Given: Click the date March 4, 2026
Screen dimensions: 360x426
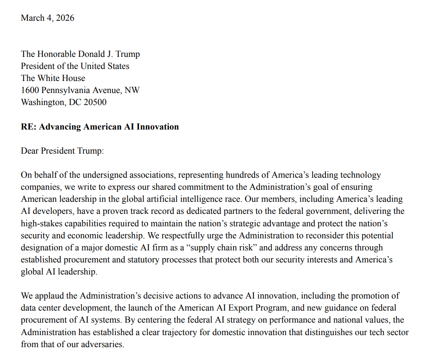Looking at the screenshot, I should pyautogui.click(x=47, y=18).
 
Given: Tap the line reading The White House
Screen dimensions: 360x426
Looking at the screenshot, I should pyautogui.click(x=53, y=78).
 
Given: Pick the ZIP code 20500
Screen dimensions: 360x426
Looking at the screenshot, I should pyautogui.click(x=94, y=102).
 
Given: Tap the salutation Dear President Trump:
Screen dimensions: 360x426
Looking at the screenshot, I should pyautogui.click(x=62, y=151).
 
